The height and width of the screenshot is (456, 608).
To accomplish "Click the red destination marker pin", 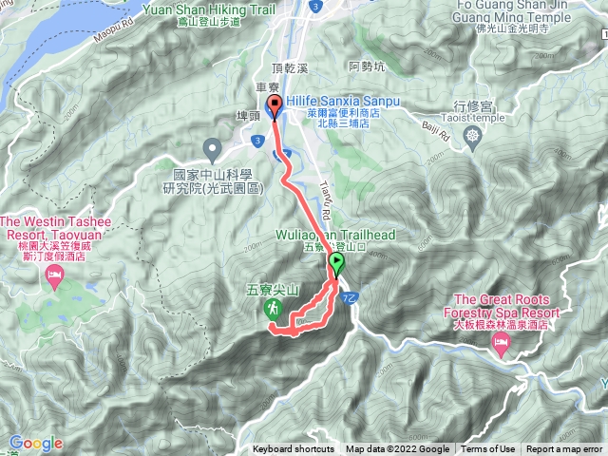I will tap(275, 106).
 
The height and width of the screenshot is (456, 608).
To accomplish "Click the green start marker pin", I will tap(336, 264).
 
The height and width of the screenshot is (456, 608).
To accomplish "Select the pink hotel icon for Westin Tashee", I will tap(54, 276).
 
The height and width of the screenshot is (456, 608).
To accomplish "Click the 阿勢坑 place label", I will tap(367, 66).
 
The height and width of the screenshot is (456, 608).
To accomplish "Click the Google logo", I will tap(35, 443).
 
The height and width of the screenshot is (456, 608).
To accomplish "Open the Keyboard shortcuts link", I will tap(293, 449).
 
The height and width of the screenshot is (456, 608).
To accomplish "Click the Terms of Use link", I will tap(488, 449).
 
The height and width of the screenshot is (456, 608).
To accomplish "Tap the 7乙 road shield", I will tap(349, 298).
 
